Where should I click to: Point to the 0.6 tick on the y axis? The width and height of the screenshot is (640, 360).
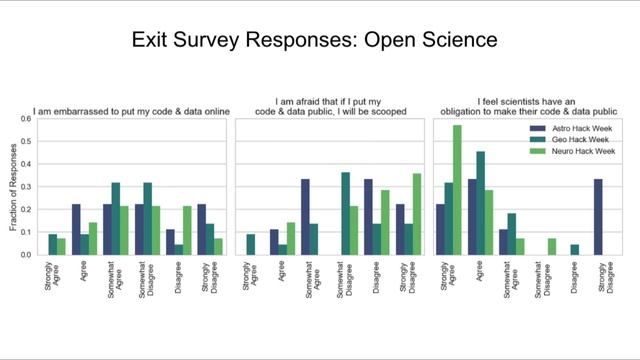tap(27, 118)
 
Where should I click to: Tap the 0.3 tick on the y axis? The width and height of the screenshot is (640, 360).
tap(27, 186)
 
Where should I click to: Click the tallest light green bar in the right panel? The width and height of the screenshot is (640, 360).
tap(457, 190)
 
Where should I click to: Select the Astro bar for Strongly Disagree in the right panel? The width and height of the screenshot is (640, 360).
tap(598, 217)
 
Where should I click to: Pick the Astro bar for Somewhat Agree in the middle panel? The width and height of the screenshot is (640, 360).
tap(305, 217)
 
